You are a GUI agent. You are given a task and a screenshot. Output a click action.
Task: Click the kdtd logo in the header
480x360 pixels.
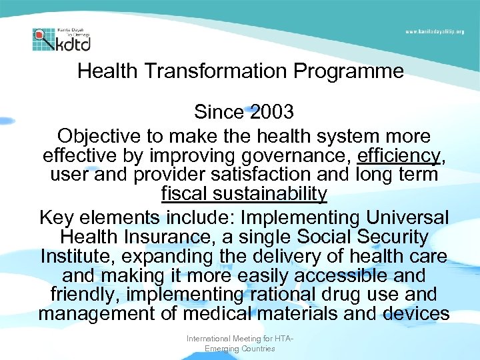(61, 39)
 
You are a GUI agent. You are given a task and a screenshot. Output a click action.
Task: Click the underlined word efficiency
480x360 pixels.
(399, 155)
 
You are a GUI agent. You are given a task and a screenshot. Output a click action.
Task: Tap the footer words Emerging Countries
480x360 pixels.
(239, 349)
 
